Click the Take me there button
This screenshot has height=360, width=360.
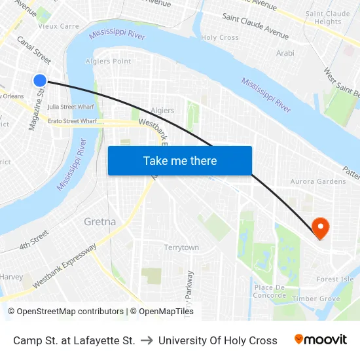(180, 160)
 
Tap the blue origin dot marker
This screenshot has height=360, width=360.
(40, 81)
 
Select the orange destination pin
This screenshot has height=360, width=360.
(321, 227)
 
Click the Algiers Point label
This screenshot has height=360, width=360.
(109, 62)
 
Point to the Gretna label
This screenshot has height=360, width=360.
(100, 222)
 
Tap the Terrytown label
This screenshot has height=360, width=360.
(181, 247)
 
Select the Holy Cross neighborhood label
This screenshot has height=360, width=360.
(220, 38)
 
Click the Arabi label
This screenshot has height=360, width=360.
(285, 53)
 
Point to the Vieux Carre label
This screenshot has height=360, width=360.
(59, 27)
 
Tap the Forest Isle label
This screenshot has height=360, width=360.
(335, 279)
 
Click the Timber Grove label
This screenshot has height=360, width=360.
(316, 298)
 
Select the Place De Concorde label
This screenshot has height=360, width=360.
(270, 291)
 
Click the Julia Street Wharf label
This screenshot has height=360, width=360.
(71, 106)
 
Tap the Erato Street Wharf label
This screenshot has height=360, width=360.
(72, 121)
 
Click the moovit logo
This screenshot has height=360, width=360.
(321, 340)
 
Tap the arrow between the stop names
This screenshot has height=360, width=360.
(147, 340)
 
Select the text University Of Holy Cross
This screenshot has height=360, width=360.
(218, 340)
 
